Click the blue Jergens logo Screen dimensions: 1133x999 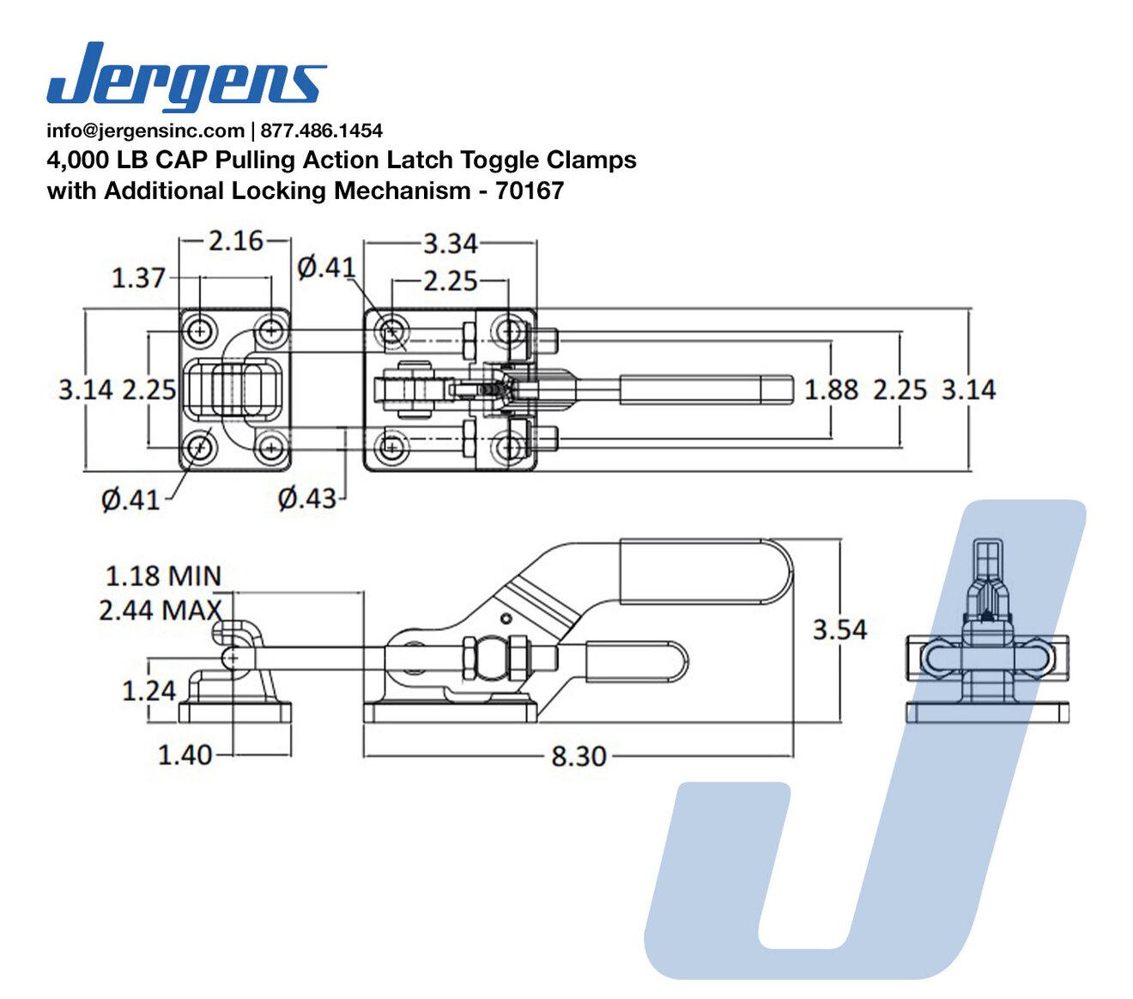[x=186, y=76]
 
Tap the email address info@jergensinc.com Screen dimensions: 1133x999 [x=146, y=131]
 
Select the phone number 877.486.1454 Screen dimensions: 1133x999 [x=322, y=131]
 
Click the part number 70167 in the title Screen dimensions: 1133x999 [x=530, y=191]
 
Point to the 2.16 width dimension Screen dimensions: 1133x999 [x=235, y=241]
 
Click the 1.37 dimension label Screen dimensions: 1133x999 [x=138, y=278]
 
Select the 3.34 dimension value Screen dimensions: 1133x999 [x=450, y=244]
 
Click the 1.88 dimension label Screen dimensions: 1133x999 [x=831, y=390]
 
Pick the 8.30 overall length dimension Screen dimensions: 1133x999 [x=579, y=757]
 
